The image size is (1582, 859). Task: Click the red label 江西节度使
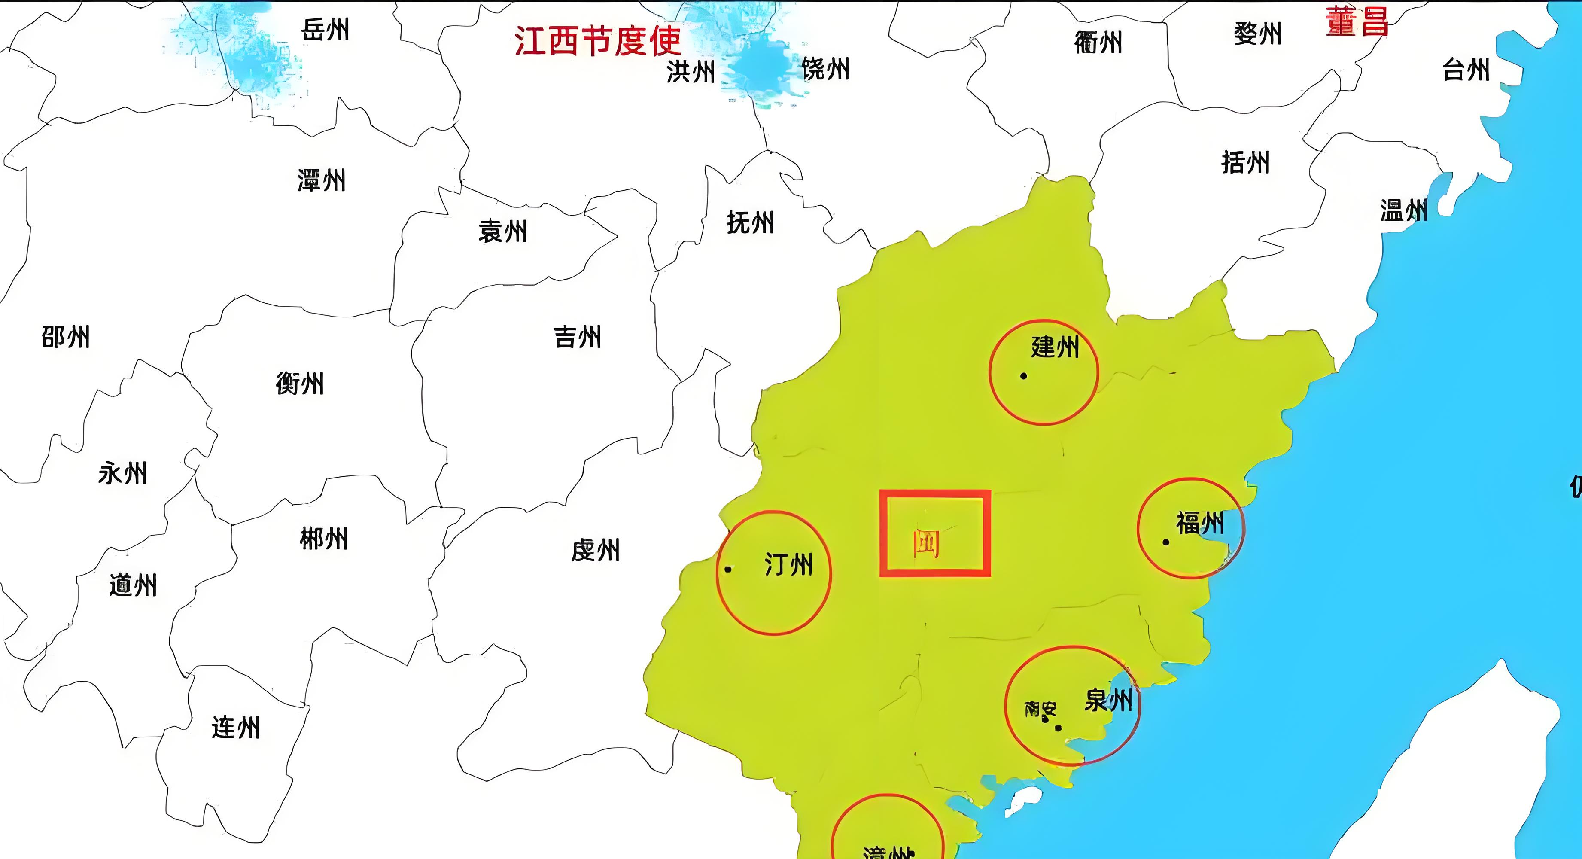pyautogui.click(x=598, y=40)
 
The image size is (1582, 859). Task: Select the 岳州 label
pyautogui.click(x=326, y=29)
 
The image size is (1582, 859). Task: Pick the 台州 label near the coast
pyautogui.click(x=1466, y=70)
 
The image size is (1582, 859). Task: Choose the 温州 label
pyautogui.click(x=1404, y=210)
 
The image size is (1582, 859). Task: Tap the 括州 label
pyautogui.click(x=1245, y=163)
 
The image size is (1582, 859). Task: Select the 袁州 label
pyautogui.click(x=503, y=232)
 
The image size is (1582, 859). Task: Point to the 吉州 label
pyautogui.click(x=577, y=337)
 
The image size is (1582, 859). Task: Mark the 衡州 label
pyautogui.click(x=300, y=384)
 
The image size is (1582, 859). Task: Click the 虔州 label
pyautogui.click(x=595, y=550)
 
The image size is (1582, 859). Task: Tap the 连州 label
pyautogui.click(x=236, y=728)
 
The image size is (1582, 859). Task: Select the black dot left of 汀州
pyautogui.click(x=728, y=569)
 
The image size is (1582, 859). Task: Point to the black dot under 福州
pyautogui.click(x=1165, y=542)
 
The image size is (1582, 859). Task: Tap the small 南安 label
pyautogui.click(x=1040, y=710)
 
